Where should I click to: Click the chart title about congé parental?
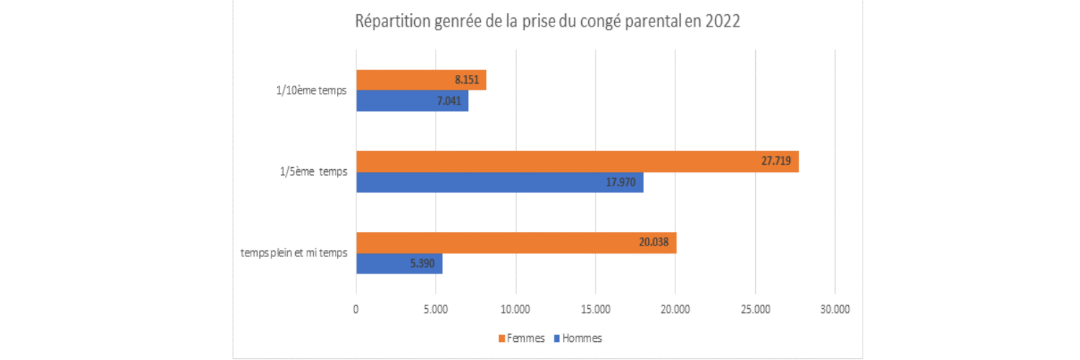click(x=547, y=22)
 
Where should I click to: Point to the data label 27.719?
click(x=776, y=161)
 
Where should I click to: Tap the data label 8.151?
click(x=466, y=80)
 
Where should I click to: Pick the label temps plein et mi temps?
click(x=295, y=253)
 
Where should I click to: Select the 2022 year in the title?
click(x=722, y=22)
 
